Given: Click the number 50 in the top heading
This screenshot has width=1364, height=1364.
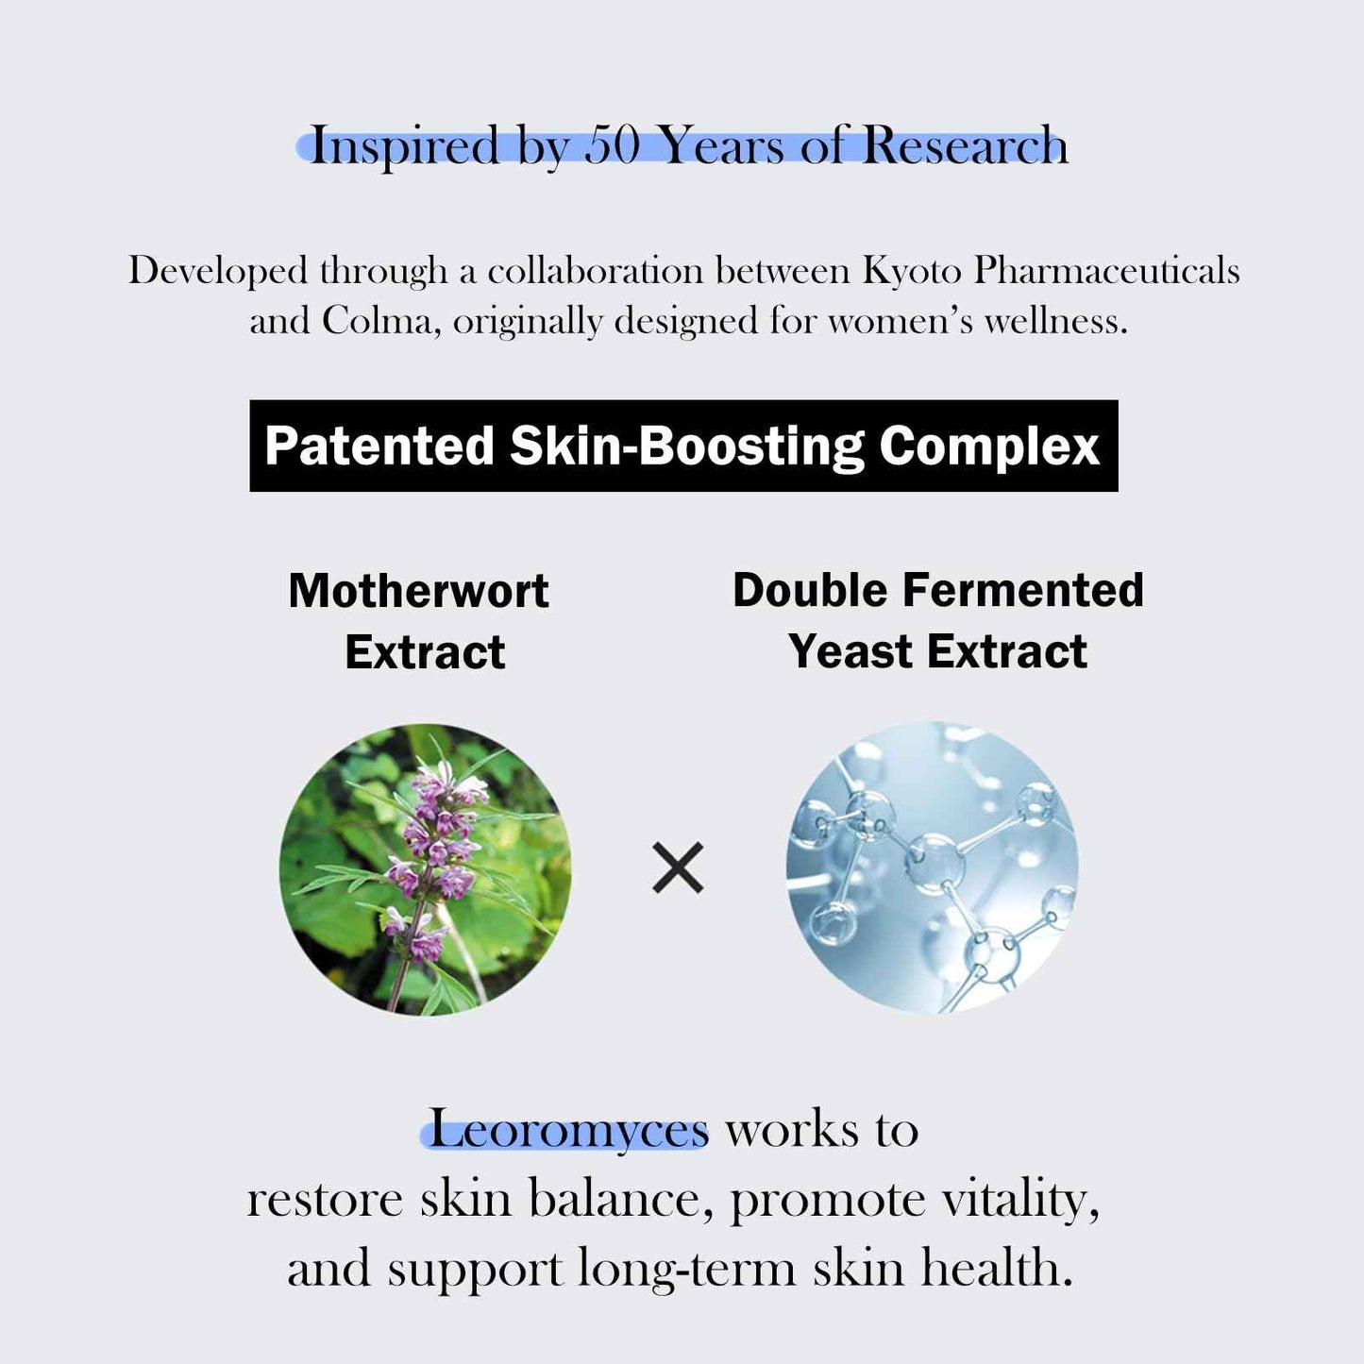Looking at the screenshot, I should click(612, 145).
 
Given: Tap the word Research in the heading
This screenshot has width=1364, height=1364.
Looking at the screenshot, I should click(964, 145).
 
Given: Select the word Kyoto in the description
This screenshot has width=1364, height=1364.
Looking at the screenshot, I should click(911, 271).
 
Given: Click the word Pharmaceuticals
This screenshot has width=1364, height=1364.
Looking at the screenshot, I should click(1106, 271).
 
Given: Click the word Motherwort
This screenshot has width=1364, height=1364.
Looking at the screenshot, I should click(418, 591).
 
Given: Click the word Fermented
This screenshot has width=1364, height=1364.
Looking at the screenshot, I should click(1023, 590).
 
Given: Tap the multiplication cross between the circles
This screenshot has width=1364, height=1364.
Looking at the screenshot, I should click(678, 868).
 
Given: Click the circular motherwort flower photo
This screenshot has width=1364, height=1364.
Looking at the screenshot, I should click(425, 869).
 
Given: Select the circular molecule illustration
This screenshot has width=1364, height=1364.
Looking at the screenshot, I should click(932, 868).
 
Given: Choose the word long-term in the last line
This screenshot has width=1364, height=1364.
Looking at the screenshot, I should click(687, 1268).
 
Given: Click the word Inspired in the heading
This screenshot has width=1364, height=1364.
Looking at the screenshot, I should click(404, 145).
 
